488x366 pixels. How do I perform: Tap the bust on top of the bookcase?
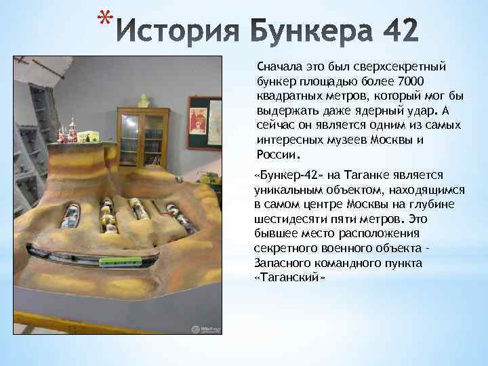[x=143, y=100]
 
